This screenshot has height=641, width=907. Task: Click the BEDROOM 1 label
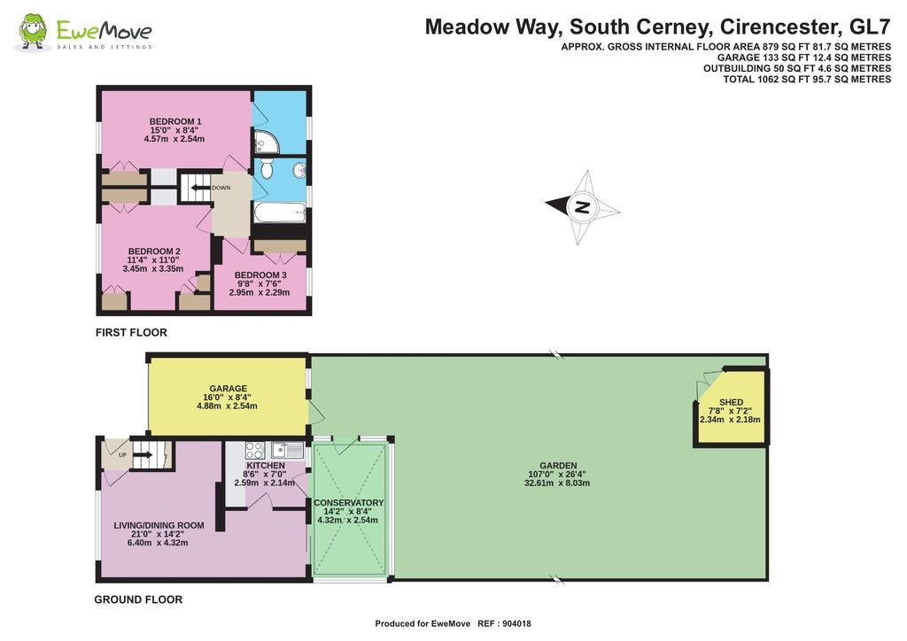pos(175,121)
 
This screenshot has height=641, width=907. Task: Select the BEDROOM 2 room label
pos(154,251)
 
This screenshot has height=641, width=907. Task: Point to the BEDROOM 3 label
pos(260,274)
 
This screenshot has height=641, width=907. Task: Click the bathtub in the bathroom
pos(280,213)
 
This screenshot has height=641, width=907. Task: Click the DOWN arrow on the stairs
pos(196,187)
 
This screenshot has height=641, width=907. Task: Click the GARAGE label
pos(228,388)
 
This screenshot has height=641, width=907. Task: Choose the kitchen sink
pos(288,449)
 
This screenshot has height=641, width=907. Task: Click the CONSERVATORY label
pos(348,503)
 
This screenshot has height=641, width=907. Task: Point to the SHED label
pos(731,403)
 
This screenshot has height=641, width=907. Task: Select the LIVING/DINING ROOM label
pos(159,525)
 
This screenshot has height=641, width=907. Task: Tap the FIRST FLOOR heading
pos(131,333)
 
